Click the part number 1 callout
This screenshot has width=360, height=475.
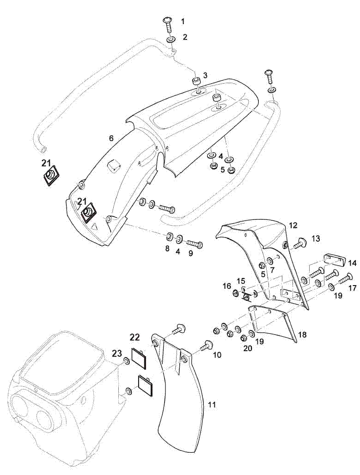[x=183, y=21]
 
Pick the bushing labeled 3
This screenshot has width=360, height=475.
[x=195, y=82]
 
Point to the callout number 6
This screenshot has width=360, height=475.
[x=111, y=138]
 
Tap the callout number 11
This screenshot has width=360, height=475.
[x=212, y=405]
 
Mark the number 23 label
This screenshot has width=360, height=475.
[x=117, y=353]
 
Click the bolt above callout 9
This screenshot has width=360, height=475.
[x=195, y=243]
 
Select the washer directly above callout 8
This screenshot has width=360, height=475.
[x=170, y=237]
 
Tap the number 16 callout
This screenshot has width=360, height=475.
[x=227, y=286]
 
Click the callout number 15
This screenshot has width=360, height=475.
[x=241, y=280]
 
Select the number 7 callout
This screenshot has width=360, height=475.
[x=272, y=269]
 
